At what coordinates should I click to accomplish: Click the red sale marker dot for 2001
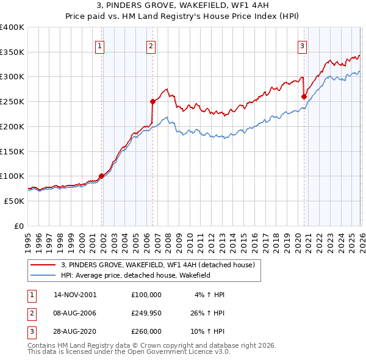click(101, 176)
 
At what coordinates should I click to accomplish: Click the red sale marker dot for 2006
click(152, 102)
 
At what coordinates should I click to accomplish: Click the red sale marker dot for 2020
click(304, 96)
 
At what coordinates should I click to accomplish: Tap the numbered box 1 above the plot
click(99, 45)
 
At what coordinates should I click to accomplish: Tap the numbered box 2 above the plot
click(151, 45)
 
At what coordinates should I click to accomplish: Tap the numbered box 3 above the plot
click(302, 45)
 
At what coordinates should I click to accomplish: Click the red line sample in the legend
click(44, 265)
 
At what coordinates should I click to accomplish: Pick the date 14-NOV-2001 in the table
click(75, 294)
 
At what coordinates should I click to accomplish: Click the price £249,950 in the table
click(146, 313)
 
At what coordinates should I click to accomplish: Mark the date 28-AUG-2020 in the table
click(75, 332)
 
